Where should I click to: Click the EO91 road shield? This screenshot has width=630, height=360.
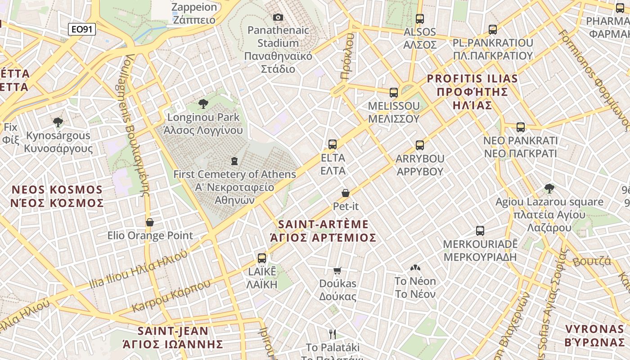click(x=82, y=30)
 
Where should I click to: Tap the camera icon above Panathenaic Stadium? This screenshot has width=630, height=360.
click(x=278, y=17)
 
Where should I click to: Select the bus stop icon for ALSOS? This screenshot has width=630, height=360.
click(x=420, y=19)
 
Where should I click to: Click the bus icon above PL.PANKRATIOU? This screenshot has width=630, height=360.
click(x=493, y=30)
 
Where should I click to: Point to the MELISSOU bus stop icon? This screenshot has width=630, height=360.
click(x=394, y=93)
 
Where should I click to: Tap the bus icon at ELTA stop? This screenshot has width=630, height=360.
click(x=333, y=144)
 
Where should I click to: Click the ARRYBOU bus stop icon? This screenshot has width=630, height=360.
click(x=420, y=145)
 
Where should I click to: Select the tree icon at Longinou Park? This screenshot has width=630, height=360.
click(x=203, y=104)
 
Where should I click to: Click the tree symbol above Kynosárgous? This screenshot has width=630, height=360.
click(x=58, y=122)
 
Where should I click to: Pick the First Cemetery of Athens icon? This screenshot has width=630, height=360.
click(x=234, y=161)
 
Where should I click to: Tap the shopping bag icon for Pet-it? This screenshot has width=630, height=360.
click(x=346, y=193)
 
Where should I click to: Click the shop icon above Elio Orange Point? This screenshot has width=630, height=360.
click(x=150, y=222)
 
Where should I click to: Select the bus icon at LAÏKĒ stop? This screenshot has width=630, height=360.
click(x=262, y=258)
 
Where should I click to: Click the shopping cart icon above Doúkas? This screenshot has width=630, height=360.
click(x=337, y=270)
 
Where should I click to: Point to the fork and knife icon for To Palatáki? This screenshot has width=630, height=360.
click(x=333, y=334)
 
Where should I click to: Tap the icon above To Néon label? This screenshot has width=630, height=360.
click(x=415, y=268)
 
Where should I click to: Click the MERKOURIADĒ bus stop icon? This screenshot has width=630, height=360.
click(x=480, y=231)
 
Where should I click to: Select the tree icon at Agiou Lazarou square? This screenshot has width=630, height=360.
click(x=549, y=189)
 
